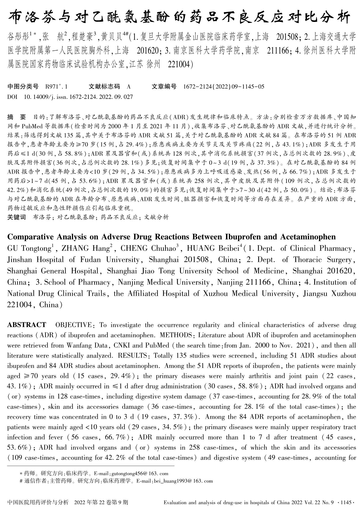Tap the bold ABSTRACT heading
click(x=26, y=325)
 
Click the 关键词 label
click(x=17, y=217)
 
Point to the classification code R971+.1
click(x=56, y=87)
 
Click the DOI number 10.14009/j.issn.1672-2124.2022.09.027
click(x=78, y=97)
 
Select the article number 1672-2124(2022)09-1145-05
click(x=224, y=87)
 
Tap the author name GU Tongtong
click(x=29, y=249)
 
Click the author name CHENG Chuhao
click(x=149, y=249)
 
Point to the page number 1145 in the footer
click(x=346, y=502)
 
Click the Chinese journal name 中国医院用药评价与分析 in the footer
click(x=39, y=502)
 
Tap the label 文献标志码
click(x=104, y=87)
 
